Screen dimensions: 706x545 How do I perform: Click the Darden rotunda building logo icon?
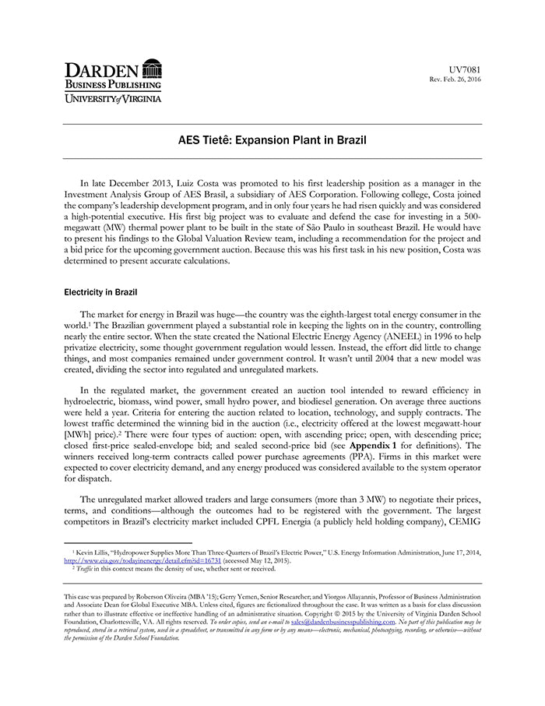point(153,68)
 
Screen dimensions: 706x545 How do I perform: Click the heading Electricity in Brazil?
point(100,292)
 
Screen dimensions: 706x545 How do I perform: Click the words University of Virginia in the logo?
point(113,99)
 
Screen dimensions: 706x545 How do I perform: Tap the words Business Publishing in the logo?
point(113,84)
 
